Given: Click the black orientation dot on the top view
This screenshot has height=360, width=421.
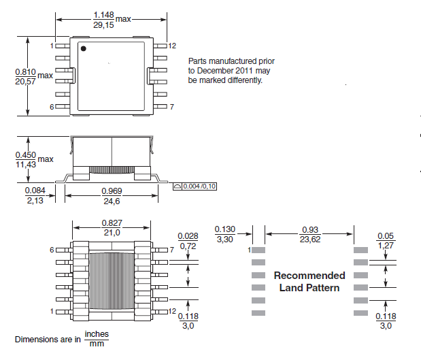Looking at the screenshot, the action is tap(84, 48).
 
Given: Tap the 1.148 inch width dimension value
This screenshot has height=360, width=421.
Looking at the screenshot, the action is tap(103, 15).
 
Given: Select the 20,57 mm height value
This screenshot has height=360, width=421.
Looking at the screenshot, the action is tap(26, 82).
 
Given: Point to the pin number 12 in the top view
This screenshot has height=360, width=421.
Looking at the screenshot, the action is tap(172, 46).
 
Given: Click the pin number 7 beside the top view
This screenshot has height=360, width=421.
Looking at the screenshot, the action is tap(172, 107).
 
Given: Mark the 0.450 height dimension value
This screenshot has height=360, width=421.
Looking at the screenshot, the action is tap(26, 155).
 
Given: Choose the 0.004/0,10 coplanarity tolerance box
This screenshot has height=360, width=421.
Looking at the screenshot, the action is tap(195, 186).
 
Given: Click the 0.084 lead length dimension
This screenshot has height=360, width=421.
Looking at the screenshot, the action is tap(35, 191).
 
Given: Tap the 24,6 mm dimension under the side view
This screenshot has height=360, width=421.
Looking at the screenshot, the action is tap(112, 201).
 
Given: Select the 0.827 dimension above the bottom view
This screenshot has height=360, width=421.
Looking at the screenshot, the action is tap(112, 223).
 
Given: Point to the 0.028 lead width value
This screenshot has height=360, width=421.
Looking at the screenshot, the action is tap(188, 236).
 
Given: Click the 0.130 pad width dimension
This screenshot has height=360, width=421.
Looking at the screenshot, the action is tap(225, 229).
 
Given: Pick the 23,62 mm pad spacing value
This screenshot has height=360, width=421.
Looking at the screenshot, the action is tap(310, 239).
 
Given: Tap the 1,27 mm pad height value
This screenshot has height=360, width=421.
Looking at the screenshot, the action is tap(386, 245).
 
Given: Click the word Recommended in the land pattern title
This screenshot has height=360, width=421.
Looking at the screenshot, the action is tap(309, 276).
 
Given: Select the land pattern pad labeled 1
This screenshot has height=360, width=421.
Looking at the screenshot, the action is tap(258, 250).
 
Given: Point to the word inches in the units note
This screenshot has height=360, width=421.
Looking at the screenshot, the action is tap(97, 334).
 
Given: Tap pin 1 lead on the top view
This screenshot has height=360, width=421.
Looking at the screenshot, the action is tap(63, 46).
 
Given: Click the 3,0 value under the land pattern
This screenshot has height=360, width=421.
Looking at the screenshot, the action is tap(386, 326).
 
